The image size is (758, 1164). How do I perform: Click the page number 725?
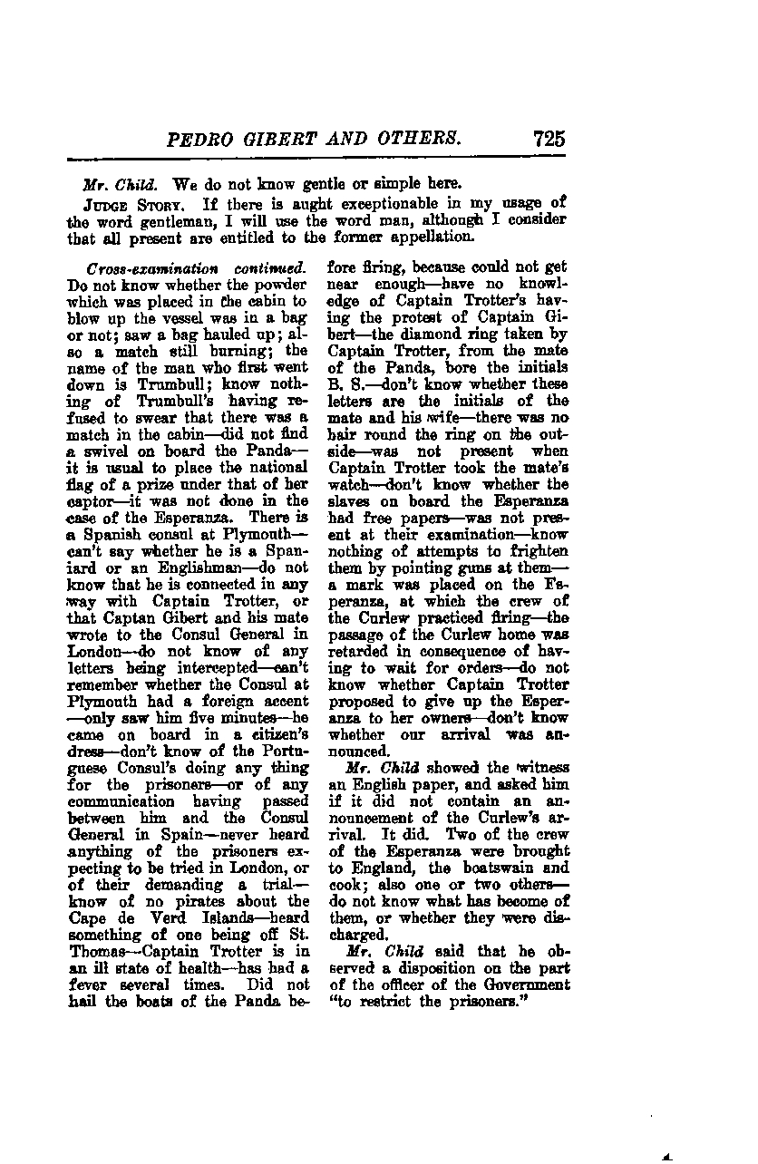pos(549,139)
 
